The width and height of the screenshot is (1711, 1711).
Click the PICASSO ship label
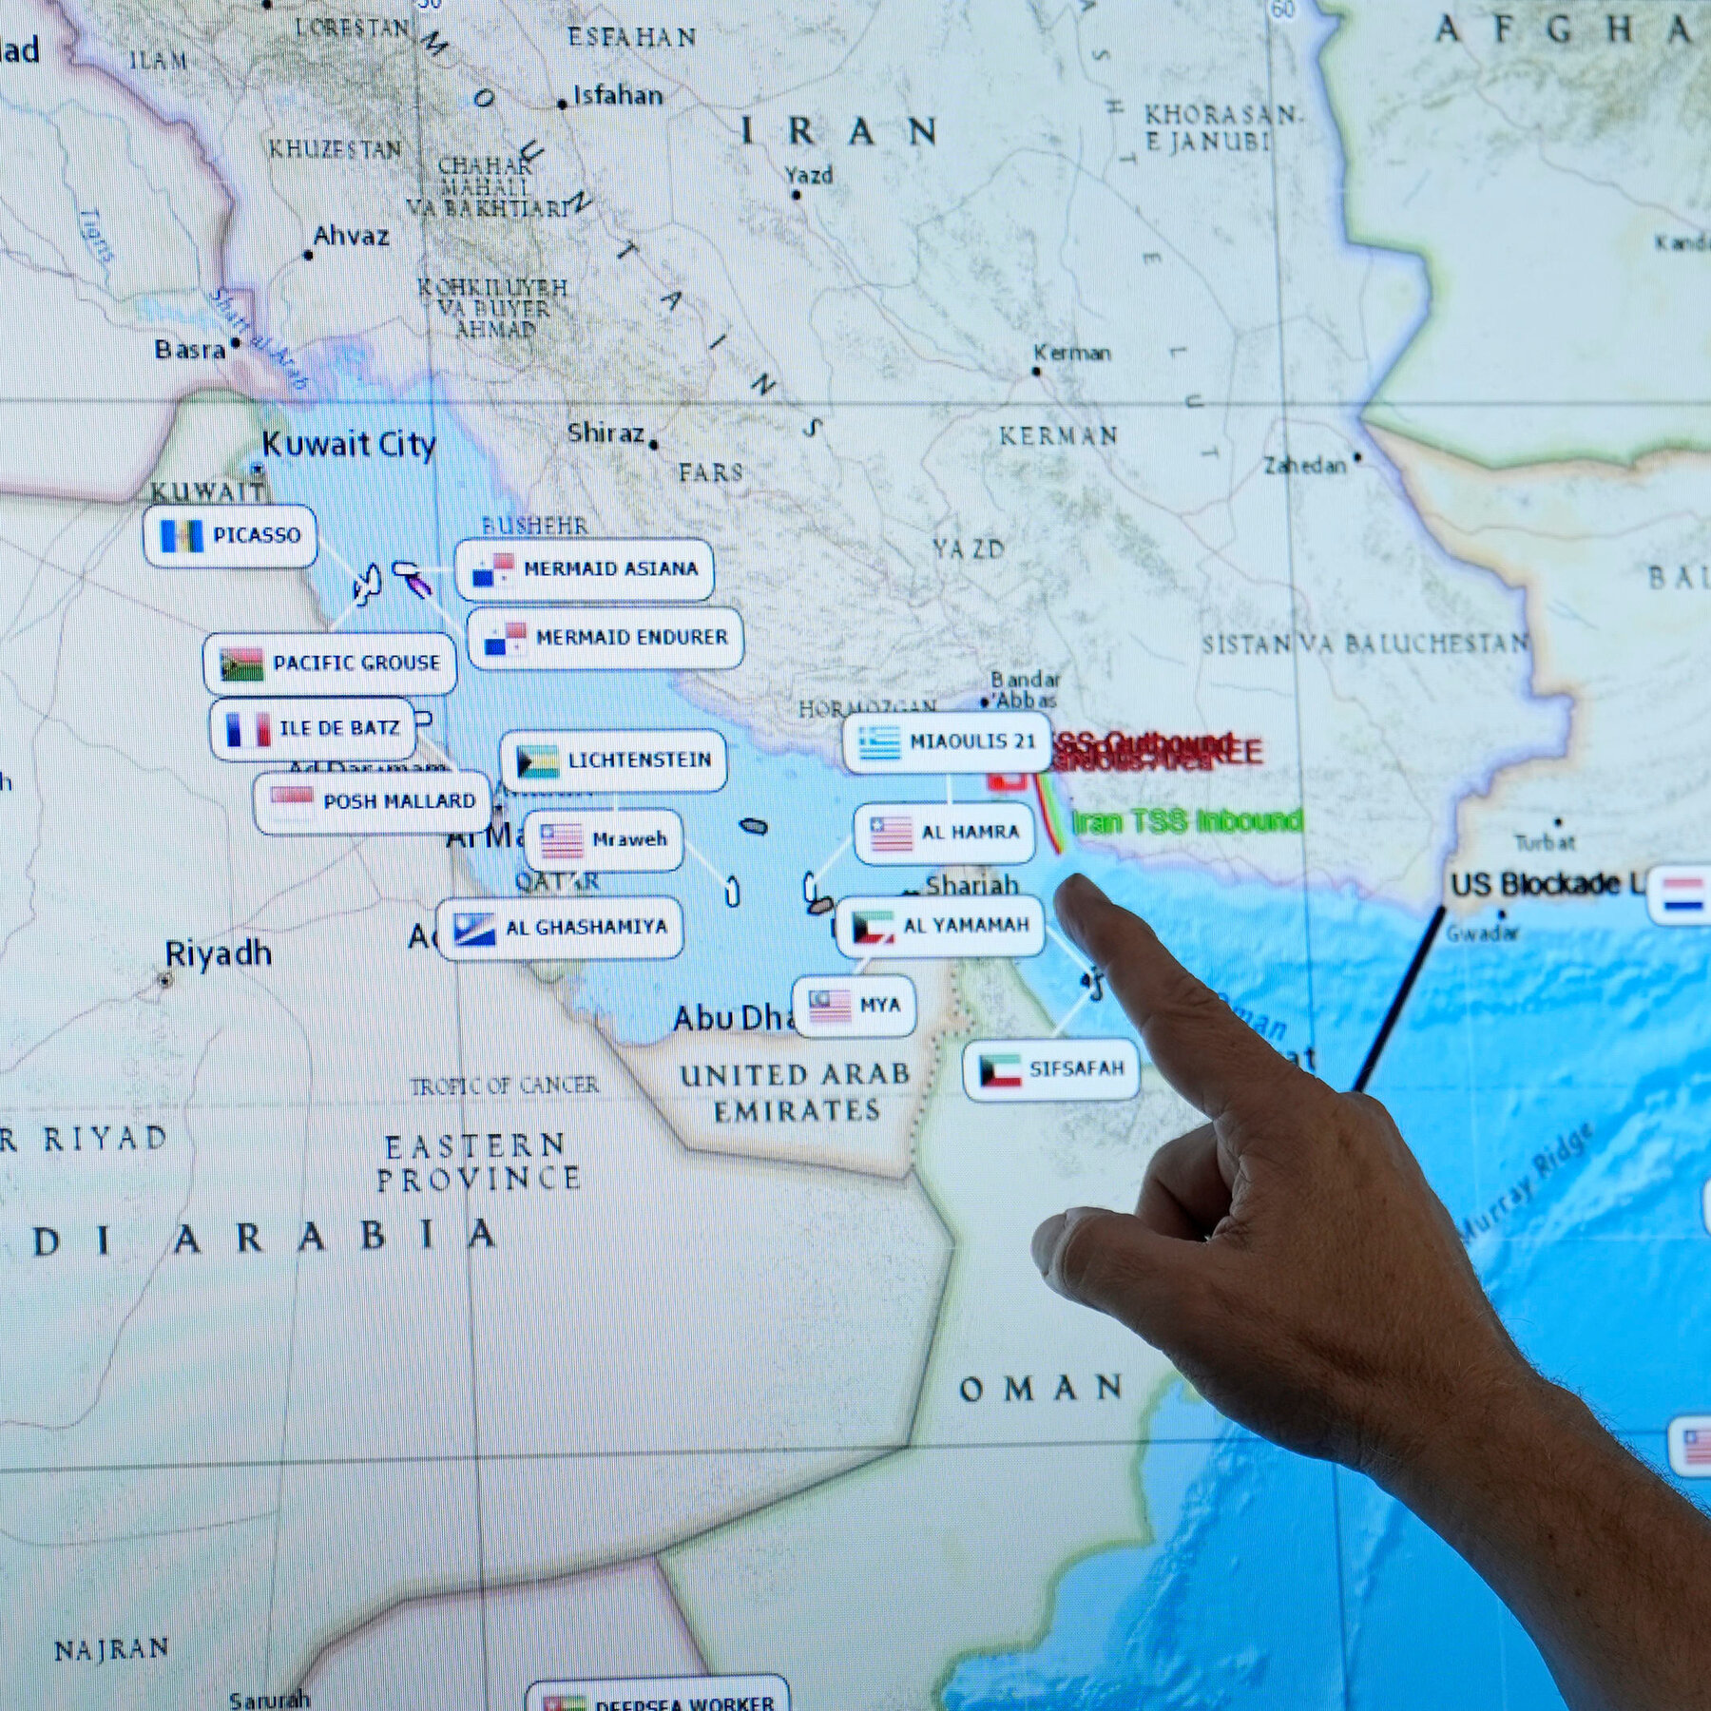point(231,536)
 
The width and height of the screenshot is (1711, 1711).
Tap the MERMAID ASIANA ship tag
point(585,569)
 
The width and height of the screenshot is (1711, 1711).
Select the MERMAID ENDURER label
point(606,638)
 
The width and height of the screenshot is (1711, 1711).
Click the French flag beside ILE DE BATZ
point(246,729)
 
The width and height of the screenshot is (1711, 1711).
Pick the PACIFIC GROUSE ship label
point(330,663)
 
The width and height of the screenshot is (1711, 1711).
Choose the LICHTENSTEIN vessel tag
point(613,760)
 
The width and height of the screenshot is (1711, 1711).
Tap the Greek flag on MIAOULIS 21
point(879,742)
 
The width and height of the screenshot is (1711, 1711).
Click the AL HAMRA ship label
point(944,833)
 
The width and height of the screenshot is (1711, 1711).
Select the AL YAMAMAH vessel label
point(939,926)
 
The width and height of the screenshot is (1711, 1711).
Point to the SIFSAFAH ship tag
point(1050,1069)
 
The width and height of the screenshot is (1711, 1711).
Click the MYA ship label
point(854,1005)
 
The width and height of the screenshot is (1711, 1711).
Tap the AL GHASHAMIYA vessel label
point(560,928)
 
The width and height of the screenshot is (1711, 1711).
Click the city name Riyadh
point(218,953)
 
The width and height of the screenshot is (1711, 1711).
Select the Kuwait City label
point(348,445)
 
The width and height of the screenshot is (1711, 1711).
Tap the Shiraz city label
point(606,433)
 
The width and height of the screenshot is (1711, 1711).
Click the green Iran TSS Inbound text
point(1186,821)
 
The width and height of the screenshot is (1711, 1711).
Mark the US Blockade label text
point(1545,885)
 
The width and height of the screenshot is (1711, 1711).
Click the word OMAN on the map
point(1042,1390)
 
